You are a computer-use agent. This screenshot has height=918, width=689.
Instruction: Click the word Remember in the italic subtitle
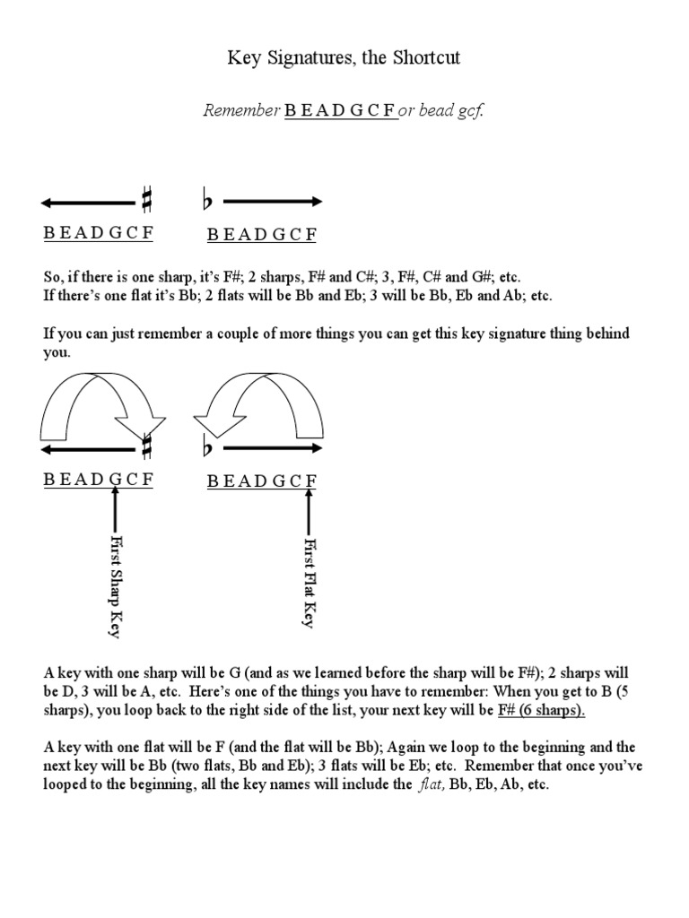click(242, 111)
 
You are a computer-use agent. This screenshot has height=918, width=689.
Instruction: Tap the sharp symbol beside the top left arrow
click(146, 201)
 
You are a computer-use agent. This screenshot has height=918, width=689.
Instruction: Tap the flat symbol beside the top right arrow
click(208, 202)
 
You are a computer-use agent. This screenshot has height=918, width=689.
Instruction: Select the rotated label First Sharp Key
click(115, 586)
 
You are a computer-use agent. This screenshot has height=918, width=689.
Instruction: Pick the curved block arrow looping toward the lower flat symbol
click(261, 403)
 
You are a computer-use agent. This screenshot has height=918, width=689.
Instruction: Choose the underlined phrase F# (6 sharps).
click(542, 711)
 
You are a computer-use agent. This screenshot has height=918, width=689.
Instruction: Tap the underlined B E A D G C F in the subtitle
click(341, 111)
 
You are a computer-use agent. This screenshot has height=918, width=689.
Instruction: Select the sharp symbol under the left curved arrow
click(146, 446)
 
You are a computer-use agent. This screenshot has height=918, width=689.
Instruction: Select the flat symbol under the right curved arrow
click(208, 446)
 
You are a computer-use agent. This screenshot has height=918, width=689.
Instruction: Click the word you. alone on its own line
click(57, 352)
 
